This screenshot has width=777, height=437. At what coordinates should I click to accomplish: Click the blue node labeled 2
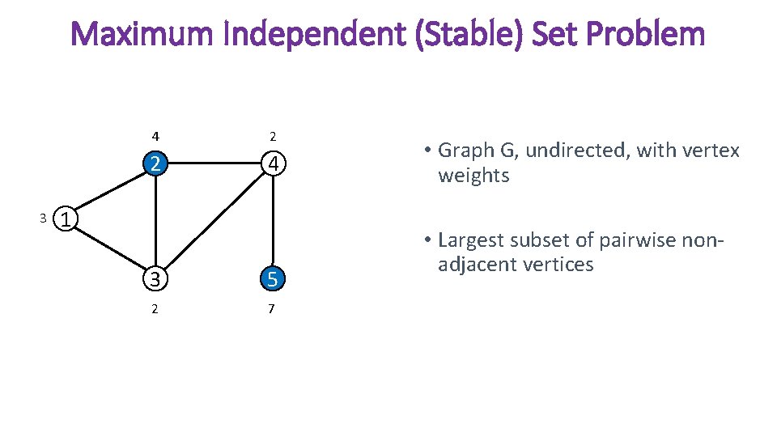pyautogui.click(x=155, y=164)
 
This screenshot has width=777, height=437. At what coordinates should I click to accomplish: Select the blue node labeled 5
pyautogui.click(x=274, y=278)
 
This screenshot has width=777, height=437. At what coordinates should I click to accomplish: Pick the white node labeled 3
pyautogui.click(x=155, y=278)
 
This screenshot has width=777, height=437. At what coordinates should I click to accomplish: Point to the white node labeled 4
pyautogui.click(x=274, y=164)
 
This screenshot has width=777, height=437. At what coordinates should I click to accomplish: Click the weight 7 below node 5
pyautogui.click(x=271, y=309)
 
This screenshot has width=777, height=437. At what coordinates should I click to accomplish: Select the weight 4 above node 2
pyautogui.click(x=155, y=135)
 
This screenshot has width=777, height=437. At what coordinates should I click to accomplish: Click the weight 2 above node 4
pyautogui.click(x=273, y=135)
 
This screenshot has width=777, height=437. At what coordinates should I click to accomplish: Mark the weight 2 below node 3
pyautogui.click(x=155, y=309)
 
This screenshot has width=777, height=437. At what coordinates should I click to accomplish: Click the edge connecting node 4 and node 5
pyautogui.click(x=274, y=223)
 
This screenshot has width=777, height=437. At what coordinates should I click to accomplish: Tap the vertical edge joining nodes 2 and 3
pyautogui.click(x=155, y=223)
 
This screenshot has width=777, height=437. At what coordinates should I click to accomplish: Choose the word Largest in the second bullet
pyautogui.click(x=472, y=240)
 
